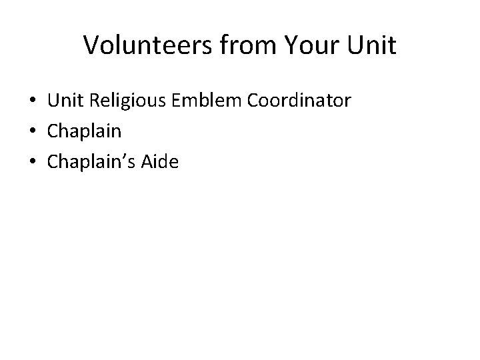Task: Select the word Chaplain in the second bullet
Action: [x=84, y=132]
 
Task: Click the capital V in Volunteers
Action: [x=91, y=45]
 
